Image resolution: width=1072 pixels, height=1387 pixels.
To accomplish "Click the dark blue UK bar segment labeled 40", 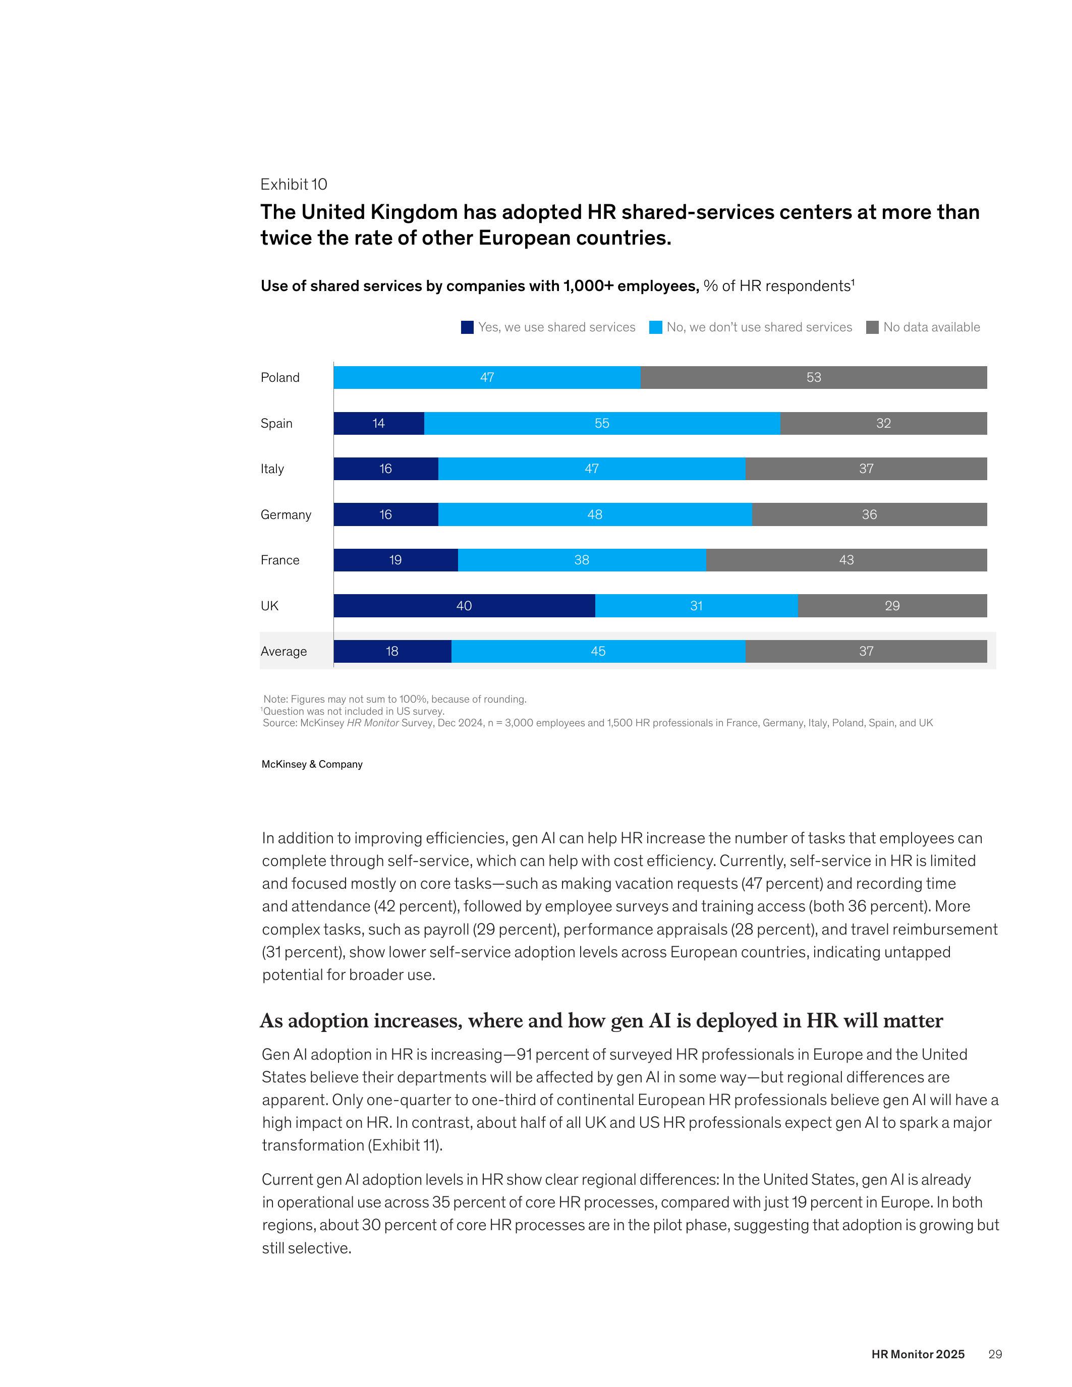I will [464, 605].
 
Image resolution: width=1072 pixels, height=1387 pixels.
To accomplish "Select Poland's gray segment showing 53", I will [814, 377].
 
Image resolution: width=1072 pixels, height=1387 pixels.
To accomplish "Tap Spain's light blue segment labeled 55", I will [601, 423].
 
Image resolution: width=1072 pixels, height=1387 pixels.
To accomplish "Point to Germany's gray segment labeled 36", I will [869, 514].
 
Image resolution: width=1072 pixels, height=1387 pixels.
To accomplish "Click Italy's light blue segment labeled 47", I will [591, 469].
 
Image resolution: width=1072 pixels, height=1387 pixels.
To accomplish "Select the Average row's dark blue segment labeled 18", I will [392, 651].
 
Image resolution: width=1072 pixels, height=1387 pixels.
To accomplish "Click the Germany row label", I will [286, 514].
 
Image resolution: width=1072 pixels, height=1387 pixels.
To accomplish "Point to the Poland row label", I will [280, 377].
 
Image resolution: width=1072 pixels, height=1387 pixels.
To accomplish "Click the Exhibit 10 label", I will [294, 184].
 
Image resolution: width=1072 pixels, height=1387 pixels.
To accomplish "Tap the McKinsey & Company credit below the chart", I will [312, 764].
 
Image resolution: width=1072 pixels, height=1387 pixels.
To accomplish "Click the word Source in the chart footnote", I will [277, 723].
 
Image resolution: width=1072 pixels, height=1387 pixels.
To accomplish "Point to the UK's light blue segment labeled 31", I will [696, 605].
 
